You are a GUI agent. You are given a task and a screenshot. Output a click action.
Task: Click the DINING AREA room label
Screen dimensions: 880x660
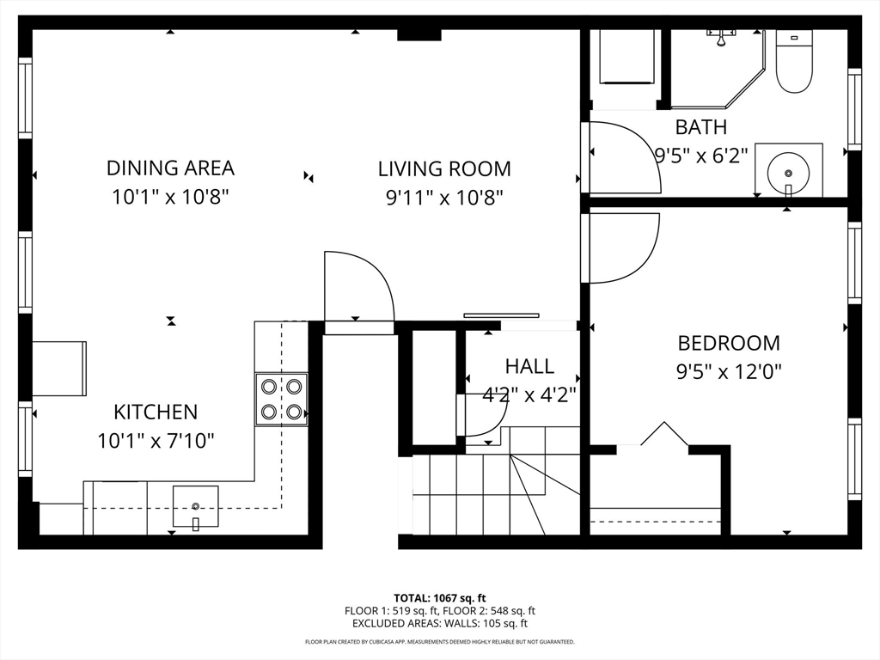coord(170,168)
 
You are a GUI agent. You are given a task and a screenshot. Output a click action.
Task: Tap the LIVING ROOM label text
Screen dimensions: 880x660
coord(444,168)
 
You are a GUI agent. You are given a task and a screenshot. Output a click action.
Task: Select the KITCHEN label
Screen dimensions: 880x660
coord(156,412)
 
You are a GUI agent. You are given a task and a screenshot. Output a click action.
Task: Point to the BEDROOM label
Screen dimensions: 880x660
coord(729,342)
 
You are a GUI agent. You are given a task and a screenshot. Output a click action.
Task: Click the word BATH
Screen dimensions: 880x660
coord(701,127)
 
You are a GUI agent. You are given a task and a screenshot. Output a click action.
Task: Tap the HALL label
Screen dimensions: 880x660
coord(529,366)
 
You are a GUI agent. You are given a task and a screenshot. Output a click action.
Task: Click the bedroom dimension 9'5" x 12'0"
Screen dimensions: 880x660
coord(729,371)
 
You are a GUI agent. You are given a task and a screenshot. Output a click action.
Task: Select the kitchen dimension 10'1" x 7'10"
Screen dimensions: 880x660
coord(156,441)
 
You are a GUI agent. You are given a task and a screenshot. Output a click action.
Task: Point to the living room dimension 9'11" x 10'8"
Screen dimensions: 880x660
coord(444,198)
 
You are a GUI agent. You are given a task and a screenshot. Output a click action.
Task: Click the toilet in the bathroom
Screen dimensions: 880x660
coord(793,61)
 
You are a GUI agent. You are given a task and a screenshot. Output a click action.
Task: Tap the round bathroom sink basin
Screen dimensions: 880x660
coord(789,172)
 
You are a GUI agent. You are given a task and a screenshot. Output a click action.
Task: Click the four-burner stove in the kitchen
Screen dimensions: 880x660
coord(281,399)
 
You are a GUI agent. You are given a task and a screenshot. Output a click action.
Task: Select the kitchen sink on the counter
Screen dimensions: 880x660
coord(195,506)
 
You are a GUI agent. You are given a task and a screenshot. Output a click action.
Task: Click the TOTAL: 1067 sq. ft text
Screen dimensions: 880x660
coord(439,598)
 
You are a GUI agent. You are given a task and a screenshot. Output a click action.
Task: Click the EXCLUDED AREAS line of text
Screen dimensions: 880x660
coord(439,624)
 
